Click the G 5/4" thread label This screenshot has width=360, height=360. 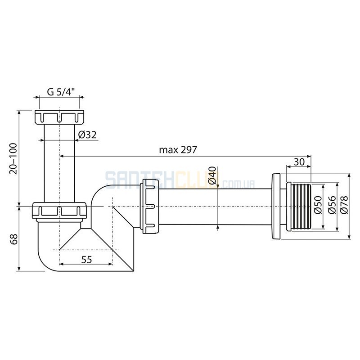click(x=61, y=92)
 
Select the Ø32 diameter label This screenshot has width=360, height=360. click(x=87, y=135)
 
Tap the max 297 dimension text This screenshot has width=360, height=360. click(x=178, y=150)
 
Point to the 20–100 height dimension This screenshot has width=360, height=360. click(x=13, y=158)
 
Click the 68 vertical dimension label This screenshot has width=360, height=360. click(x=14, y=239)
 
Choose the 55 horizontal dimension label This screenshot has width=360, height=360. click(x=86, y=260)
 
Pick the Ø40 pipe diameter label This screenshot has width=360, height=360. click(x=212, y=175)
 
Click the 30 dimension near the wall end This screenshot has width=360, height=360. click(x=299, y=162)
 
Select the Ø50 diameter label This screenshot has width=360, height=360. click(x=319, y=205)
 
